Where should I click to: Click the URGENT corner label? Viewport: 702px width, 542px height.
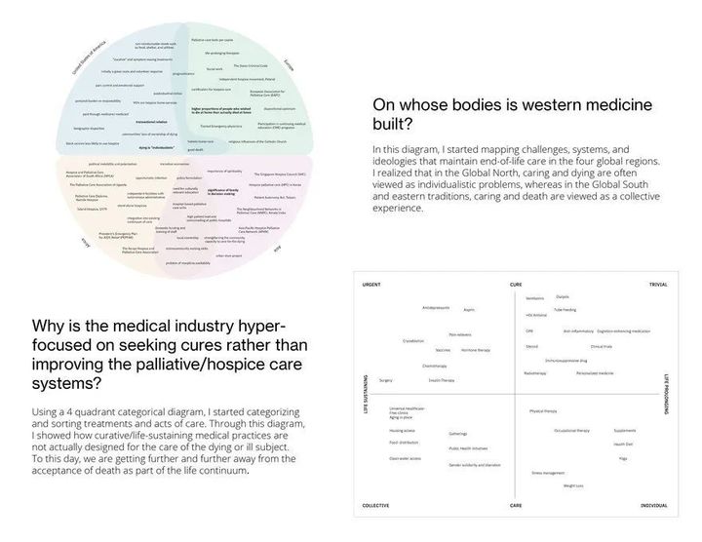[x=370, y=284]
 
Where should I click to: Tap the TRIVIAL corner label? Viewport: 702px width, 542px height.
[x=657, y=284]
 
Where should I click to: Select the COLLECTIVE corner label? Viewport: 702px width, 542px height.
[x=375, y=506]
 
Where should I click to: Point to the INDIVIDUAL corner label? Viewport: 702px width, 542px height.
[x=653, y=506]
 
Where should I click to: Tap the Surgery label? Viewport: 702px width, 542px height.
[x=386, y=380]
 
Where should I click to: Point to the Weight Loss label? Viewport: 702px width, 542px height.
[x=573, y=485]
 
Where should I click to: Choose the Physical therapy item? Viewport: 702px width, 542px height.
[x=543, y=411]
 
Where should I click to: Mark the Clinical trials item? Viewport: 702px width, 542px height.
[x=601, y=346]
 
